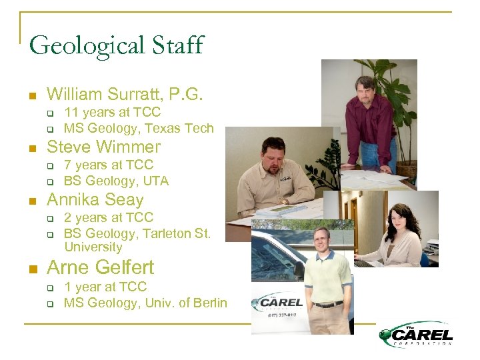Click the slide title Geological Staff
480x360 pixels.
(116, 45)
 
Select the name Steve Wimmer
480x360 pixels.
(103, 147)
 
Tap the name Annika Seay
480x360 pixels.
(95, 199)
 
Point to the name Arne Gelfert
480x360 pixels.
(100, 267)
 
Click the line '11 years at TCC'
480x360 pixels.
(112, 113)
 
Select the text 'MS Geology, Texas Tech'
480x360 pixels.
(139, 128)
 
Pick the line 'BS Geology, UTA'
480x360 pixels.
(116, 181)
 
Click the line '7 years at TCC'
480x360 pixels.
(108, 165)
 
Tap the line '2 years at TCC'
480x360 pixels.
(108, 217)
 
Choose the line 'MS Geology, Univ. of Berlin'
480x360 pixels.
(145, 303)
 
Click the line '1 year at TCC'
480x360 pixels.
(105, 287)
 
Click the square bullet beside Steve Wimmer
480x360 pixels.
(32, 148)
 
